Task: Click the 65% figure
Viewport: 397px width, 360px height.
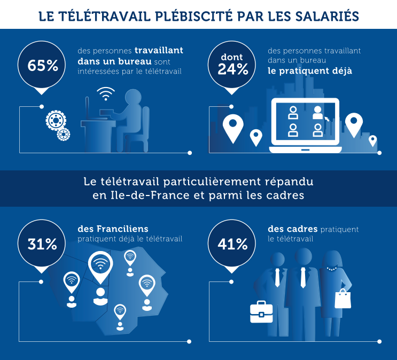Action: [43, 66]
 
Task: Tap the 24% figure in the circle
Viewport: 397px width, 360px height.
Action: [232, 69]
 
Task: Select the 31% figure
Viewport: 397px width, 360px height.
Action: [42, 244]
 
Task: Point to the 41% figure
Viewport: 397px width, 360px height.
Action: [232, 244]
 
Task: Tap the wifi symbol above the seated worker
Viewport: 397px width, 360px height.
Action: [106, 94]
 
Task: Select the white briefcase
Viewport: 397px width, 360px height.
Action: [261, 312]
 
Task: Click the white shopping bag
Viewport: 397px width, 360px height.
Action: [342, 300]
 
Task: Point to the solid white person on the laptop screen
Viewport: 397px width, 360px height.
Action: [318, 112]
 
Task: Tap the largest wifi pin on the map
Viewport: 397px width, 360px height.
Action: [100, 264]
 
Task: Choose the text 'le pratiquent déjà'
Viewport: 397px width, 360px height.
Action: [309, 71]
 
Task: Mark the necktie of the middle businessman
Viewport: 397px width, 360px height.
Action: [303, 278]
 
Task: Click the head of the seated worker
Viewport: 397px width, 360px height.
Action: [133, 99]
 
